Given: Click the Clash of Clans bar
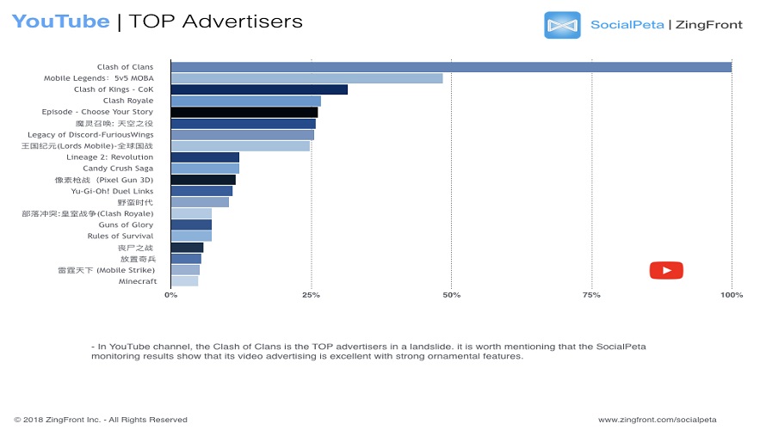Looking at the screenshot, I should [451, 67].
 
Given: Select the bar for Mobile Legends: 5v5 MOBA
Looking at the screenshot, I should [306, 78].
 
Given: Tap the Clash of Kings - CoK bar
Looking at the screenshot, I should [259, 89].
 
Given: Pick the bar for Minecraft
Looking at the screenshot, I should [184, 281].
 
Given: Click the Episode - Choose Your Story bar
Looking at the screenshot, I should [244, 112].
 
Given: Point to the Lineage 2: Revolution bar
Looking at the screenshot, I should [205, 157].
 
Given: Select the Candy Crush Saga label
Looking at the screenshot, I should [118, 169].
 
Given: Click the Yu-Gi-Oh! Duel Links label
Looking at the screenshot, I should [112, 191].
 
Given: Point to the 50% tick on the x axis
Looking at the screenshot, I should [451, 295].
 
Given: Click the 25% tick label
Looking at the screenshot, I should [311, 295].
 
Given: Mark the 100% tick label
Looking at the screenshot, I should [732, 295].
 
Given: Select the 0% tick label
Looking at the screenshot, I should [170, 295].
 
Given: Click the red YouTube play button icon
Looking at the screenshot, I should [666, 270].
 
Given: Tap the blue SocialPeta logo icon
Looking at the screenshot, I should [562, 25].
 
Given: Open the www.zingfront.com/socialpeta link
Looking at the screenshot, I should [658, 420].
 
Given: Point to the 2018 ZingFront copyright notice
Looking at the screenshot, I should [101, 420].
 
